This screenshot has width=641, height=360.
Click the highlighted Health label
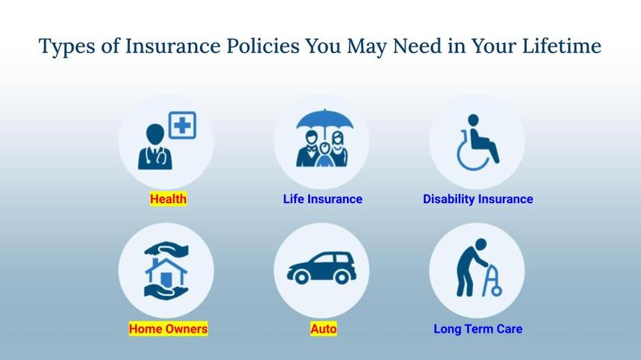[168, 199]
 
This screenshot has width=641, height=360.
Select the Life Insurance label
[323, 199]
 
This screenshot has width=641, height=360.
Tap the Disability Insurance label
[478, 199]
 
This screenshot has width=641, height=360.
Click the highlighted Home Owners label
[168, 329]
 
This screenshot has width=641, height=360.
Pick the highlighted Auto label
[323, 329]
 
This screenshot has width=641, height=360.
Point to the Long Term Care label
[478, 329]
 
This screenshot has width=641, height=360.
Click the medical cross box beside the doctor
[183, 125]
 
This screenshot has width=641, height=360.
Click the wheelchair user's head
[473, 120]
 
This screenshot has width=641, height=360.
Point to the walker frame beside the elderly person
[493, 282]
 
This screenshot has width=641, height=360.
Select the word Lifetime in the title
[562, 45]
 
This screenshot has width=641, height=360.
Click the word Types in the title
[67, 46]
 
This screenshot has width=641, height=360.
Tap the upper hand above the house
[167, 249]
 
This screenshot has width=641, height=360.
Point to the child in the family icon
[325, 155]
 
